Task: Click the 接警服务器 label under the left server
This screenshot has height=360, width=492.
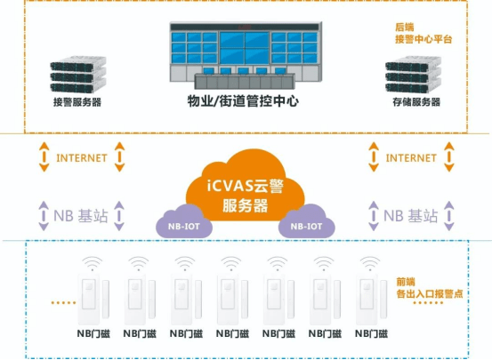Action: (77, 102)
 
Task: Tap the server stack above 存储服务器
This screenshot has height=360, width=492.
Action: (413, 75)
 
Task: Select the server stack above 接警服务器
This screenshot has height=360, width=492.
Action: (78, 75)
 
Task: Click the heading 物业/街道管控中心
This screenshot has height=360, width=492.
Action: (243, 101)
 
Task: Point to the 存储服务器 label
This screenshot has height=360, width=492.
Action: (416, 102)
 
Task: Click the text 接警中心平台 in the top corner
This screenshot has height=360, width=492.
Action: (423, 39)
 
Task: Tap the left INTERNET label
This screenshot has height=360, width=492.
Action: (82, 157)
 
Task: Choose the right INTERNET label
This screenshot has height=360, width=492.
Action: (411, 157)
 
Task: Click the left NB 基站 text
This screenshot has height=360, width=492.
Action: (81, 216)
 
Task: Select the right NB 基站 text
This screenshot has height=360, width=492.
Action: (410, 216)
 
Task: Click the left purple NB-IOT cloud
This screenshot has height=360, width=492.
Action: (183, 222)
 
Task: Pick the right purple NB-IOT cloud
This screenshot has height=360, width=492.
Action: (306, 222)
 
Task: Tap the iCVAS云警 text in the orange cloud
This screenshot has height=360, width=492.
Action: (246, 186)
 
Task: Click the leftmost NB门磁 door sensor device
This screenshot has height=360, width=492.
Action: (93, 299)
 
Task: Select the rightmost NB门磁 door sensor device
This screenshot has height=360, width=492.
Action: (371, 299)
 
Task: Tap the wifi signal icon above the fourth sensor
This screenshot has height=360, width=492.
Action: (231, 263)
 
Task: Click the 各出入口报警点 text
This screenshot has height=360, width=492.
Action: (430, 294)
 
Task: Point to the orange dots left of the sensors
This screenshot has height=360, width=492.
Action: (63, 302)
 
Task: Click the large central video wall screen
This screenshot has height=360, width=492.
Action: (244, 47)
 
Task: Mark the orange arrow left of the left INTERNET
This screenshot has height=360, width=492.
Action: (44, 156)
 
